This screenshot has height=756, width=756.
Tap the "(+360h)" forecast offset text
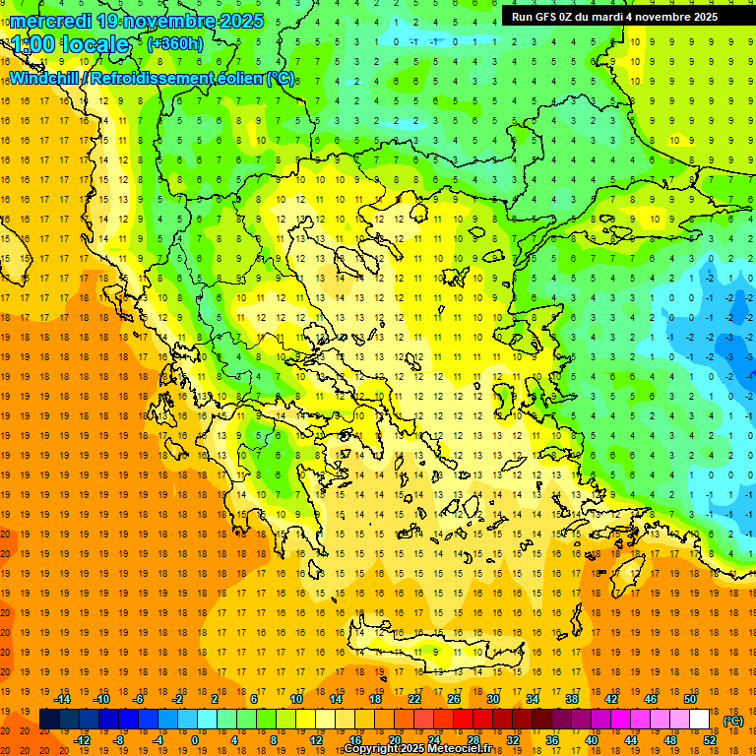(174, 43)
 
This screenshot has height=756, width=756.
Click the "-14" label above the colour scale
(62, 699)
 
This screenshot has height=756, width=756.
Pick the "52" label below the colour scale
(710, 740)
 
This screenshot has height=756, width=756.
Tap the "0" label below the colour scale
(195, 740)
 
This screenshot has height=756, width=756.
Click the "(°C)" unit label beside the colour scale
(733, 721)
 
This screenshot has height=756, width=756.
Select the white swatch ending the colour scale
(699, 720)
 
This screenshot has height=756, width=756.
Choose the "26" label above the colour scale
(454, 699)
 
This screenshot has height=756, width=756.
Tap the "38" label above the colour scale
(572, 699)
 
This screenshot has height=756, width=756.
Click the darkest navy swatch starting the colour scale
(49, 720)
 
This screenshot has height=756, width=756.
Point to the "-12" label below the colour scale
(82, 740)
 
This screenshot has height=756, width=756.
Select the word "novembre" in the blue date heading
(163, 21)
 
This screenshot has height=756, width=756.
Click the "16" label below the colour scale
(355, 740)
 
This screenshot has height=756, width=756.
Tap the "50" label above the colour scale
(689, 699)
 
